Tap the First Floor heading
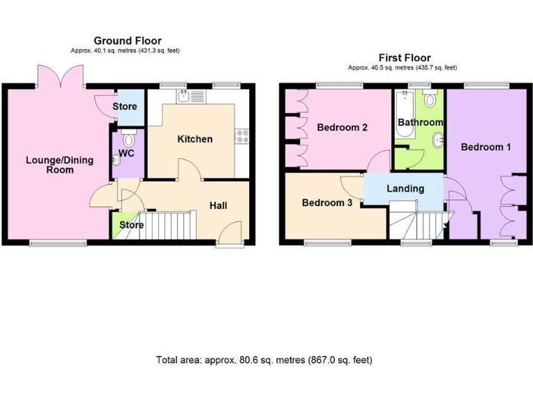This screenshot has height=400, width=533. (404, 58)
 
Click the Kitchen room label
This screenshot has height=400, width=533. (195, 139)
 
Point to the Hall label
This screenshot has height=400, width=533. (219, 206)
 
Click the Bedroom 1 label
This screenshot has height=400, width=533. (486, 147)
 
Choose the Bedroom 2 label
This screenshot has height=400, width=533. (342, 128)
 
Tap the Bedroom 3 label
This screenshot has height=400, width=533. (327, 203)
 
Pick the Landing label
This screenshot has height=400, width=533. (405, 188)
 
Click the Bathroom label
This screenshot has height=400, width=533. (420, 122)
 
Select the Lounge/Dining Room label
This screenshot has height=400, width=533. (50, 165)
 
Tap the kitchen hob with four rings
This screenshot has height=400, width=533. (242, 136)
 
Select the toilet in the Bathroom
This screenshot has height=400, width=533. (431, 99)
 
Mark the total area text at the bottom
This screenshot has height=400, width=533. (264, 360)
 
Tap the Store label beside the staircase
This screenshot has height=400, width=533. (131, 225)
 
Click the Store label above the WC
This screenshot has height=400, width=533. (130, 107)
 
